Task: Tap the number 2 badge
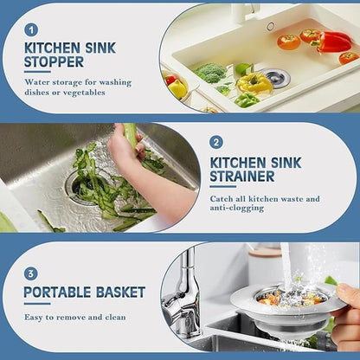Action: point(216,142)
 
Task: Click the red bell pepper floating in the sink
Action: point(332,41)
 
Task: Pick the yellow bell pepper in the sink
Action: point(254,83)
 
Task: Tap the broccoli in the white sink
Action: point(209,73)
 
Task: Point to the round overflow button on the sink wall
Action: point(271,26)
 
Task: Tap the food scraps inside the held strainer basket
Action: point(283,297)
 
